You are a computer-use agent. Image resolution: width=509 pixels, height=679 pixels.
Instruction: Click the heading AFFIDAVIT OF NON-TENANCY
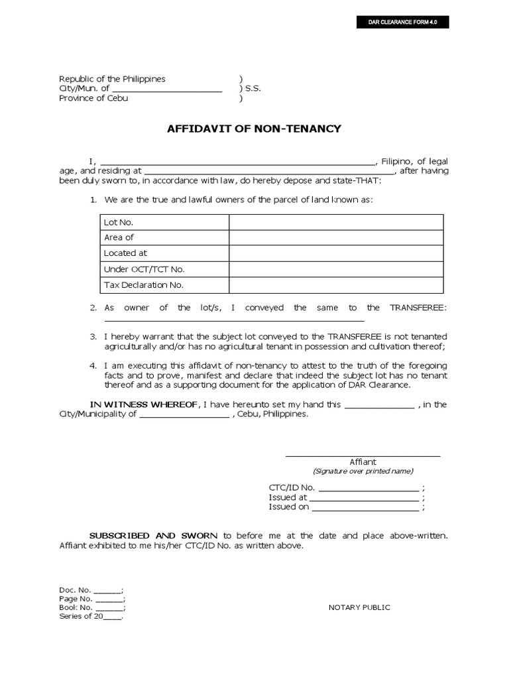click(254, 129)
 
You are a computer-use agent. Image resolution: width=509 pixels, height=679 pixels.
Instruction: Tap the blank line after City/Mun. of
click(166, 89)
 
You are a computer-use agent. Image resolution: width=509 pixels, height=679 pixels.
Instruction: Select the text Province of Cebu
click(93, 98)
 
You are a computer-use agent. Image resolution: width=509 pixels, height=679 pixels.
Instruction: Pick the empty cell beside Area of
click(336, 237)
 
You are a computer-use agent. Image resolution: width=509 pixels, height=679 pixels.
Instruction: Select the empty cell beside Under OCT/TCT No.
click(336, 269)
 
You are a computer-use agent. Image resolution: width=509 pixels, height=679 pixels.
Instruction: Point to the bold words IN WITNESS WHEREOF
click(144, 404)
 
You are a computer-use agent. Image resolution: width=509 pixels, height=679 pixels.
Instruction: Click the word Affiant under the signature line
click(363, 462)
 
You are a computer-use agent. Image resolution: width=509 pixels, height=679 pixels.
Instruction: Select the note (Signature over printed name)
click(363, 471)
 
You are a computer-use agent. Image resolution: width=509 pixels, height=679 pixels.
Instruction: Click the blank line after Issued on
click(365, 507)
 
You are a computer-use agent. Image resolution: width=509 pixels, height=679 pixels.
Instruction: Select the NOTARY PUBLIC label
click(359, 607)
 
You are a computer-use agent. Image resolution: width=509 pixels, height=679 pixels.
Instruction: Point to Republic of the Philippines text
click(112, 79)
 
